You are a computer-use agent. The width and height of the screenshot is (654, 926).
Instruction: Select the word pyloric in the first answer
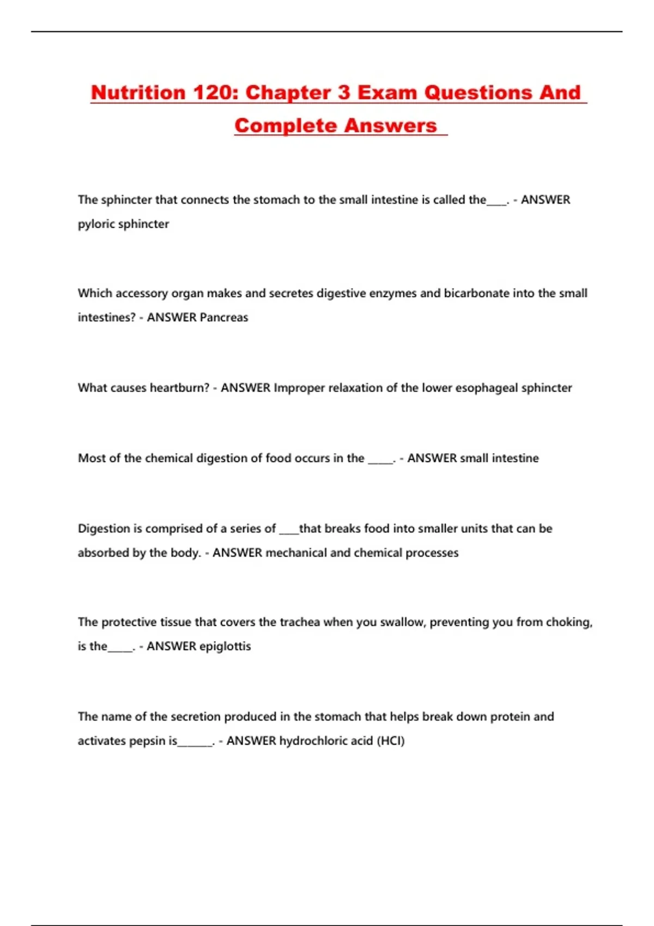pyautogui.click(x=96, y=224)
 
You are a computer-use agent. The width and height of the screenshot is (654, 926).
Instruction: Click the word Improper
pyautogui.click(x=299, y=388)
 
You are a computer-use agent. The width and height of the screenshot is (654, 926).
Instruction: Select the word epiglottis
pyautogui.click(x=225, y=646)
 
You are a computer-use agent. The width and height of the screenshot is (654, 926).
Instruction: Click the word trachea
pyautogui.click(x=300, y=622)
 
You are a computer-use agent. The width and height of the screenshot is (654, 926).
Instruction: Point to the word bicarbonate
pyautogui.click(x=477, y=293)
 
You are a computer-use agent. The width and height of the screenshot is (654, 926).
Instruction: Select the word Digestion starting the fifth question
pyautogui.click(x=104, y=528)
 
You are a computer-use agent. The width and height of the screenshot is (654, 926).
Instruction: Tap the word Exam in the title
pyautogui.click(x=387, y=93)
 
